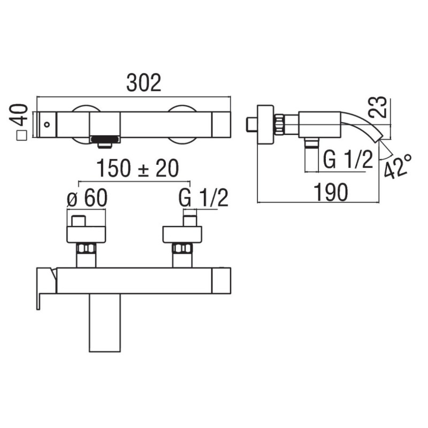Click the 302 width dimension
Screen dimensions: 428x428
[144, 83]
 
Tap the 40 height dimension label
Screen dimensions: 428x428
[19, 114]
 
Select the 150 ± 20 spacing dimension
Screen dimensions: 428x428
[138, 169]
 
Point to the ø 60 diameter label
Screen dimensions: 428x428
[87, 197]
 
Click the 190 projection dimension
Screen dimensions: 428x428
[331, 192]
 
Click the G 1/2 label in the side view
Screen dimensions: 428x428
[348, 159]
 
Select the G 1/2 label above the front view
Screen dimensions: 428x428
[203, 197]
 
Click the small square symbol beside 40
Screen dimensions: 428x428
[21, 136]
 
